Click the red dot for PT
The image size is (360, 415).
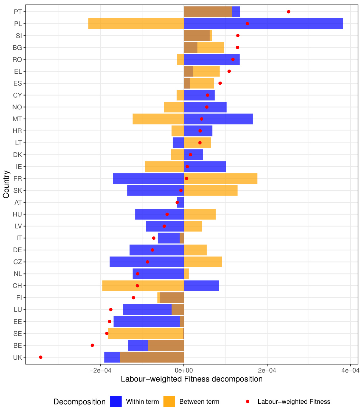(x=289, y=12)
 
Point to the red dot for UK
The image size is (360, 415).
(x=41, y=357)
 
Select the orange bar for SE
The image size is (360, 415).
(x=145, y=334)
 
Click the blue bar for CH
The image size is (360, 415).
(x=201, y=286)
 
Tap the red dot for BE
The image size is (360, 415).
(x=92, y=346)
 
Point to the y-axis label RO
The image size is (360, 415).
(x=17, y=60)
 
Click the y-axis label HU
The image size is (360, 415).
(x=17, y=214)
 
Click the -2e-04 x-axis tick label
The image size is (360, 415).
(x=100, y=370)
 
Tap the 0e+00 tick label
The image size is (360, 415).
(x=184, y=370)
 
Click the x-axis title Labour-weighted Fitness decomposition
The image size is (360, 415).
(x=192, y=379)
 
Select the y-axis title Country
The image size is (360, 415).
(x=6, y=184)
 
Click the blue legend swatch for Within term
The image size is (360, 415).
(x=116, y=401)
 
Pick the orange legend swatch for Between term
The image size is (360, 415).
(x=169, y=401)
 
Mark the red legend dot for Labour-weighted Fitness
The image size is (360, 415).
(x=247, y=401)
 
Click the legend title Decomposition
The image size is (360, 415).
(x=79, y=402)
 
